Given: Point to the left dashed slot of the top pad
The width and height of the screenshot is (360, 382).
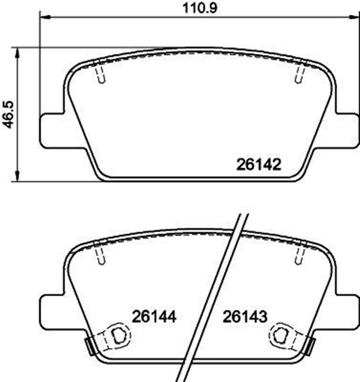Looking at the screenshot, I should coord(101,75).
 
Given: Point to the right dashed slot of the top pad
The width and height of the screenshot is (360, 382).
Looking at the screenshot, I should coord(300,75).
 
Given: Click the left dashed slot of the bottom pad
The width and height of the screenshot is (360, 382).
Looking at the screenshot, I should coord(101,257).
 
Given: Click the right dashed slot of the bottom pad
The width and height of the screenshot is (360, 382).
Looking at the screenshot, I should coord(300,257).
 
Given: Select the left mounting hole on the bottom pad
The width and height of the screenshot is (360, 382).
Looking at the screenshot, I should coord(116,336).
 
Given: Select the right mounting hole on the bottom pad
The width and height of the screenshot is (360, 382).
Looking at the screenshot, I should coord(282,336).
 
